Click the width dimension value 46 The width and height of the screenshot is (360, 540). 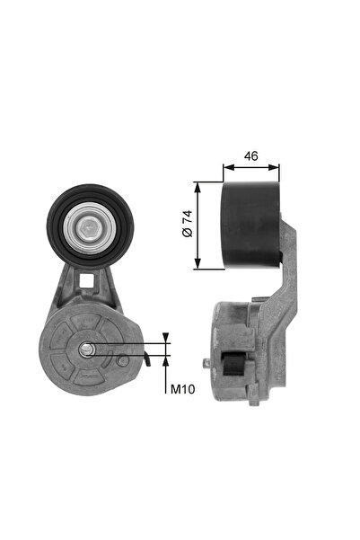click(x=250, y=156)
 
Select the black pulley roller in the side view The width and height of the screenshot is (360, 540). click(x=251, y=225)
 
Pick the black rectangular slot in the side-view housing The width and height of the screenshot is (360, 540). click(x=234, y=365)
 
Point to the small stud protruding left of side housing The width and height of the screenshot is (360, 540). click(x=207, y=364)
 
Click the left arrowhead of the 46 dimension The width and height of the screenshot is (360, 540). click(x=226, y=166)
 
